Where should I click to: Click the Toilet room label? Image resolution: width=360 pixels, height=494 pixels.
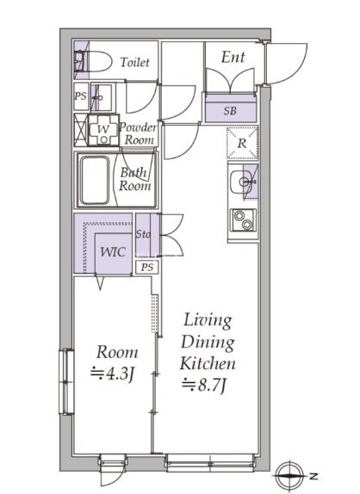(135, 63)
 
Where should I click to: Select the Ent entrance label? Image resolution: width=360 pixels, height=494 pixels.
(233, 58)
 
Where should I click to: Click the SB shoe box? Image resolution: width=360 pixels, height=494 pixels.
(230, 111)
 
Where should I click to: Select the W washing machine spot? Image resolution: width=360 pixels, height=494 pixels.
(103, 130)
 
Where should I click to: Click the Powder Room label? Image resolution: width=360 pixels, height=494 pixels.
(137, 133)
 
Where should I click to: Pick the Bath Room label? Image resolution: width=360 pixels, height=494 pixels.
(134, 178)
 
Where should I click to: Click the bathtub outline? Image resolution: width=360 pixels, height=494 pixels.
(96, 179)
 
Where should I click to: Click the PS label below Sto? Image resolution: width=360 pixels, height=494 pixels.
(147, 267)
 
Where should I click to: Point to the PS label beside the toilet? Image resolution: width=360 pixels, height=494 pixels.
(80, 96)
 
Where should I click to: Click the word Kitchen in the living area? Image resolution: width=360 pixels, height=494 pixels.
(207, 363)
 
